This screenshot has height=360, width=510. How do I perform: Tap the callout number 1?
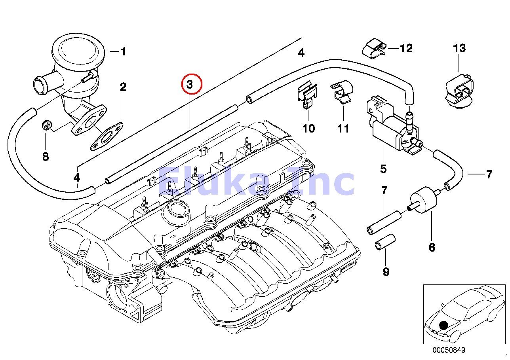(x=123, y=51)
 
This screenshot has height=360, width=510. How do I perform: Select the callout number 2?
(x=123, y=87)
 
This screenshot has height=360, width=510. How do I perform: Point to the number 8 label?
(x=46, y=157)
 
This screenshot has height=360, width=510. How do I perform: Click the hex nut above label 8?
(x=46, y=126)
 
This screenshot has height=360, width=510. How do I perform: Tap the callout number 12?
(x=406, y=48)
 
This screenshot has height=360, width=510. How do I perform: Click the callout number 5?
(x=383, y=169)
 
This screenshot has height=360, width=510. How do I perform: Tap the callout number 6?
(x=432, y=247)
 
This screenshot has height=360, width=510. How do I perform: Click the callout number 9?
(x=386, y=272)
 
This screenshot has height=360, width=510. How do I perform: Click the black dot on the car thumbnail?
(x=443, y=325)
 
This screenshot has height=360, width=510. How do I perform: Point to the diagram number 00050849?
(x=449, y=351)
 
